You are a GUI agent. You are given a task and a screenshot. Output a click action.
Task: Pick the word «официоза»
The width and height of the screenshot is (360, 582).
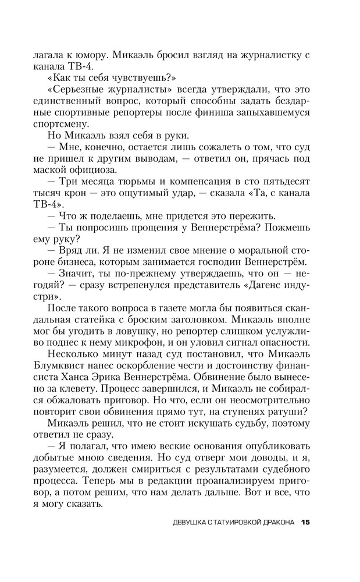(91, 171)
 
